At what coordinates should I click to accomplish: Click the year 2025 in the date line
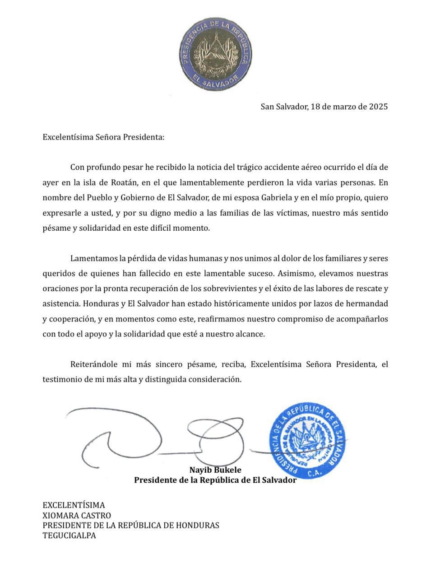coord(378,107)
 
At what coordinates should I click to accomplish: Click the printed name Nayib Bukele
coord(215,470)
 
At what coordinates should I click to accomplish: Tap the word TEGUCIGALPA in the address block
coord(69,536)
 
